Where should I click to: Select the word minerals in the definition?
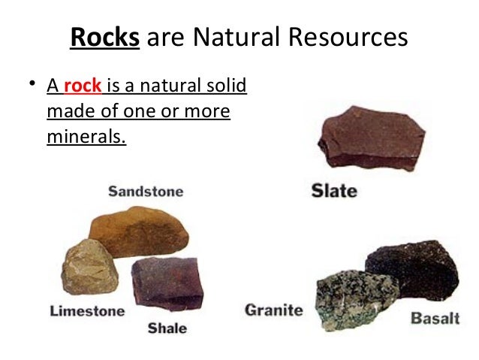coord(85,137)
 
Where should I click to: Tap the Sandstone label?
coord(145,192)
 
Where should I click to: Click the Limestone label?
coord(88,309)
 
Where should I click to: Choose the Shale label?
coord(167,328)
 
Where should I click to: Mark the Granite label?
coord(274,309)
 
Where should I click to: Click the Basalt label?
coord(435,318)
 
